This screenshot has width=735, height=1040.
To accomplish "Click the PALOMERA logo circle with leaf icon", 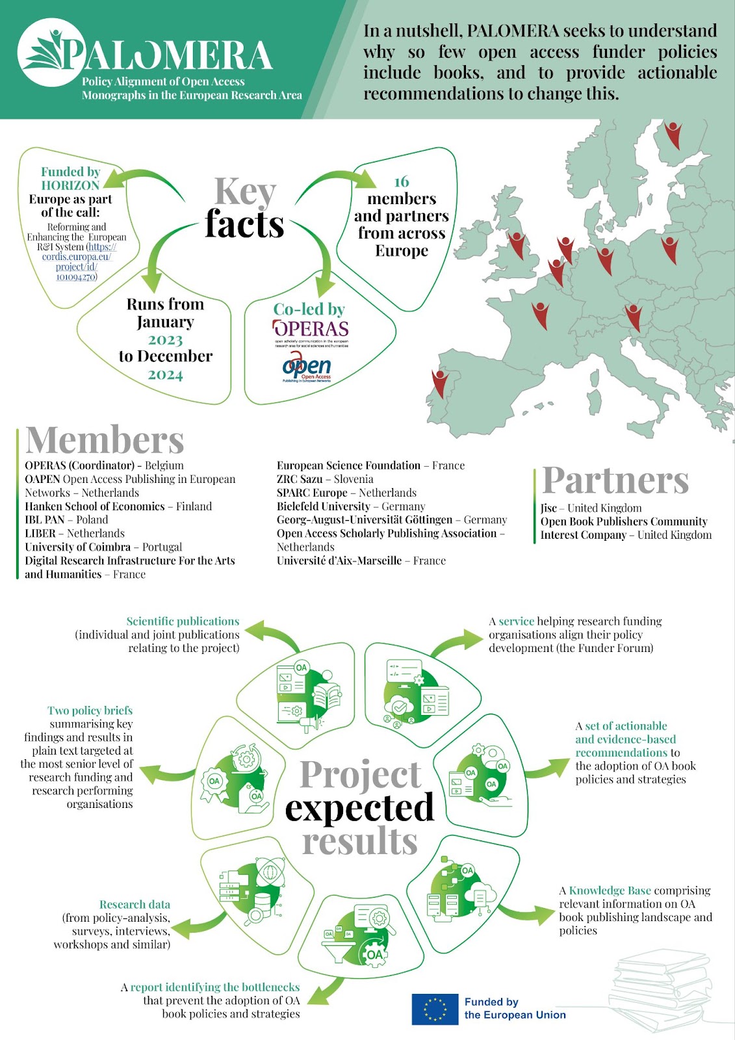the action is (x=52, y=52).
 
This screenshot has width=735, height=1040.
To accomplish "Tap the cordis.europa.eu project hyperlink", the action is (x=77, y=262).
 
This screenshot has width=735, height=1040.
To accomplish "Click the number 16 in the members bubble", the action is (x=401, y=181).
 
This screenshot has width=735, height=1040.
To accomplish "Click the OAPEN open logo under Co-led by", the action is (x=307, y=367).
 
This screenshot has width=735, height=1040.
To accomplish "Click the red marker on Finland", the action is (x=673, y=135).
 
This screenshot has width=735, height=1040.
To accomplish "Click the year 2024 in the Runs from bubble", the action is (x=165, y=374).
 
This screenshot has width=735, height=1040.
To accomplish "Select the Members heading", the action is (x=105, y=439).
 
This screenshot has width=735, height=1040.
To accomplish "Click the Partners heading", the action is (x=615, y=480).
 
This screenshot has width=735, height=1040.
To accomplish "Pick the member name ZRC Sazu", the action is (x=300, y=479).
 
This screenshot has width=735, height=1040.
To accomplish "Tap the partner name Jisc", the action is (x=548, y=508).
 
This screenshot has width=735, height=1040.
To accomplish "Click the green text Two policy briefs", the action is (x=90, y=710).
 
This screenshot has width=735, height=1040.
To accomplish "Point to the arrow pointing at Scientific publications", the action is (x=273, y=634).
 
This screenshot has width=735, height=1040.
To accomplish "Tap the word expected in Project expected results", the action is (x=359, y=809).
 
